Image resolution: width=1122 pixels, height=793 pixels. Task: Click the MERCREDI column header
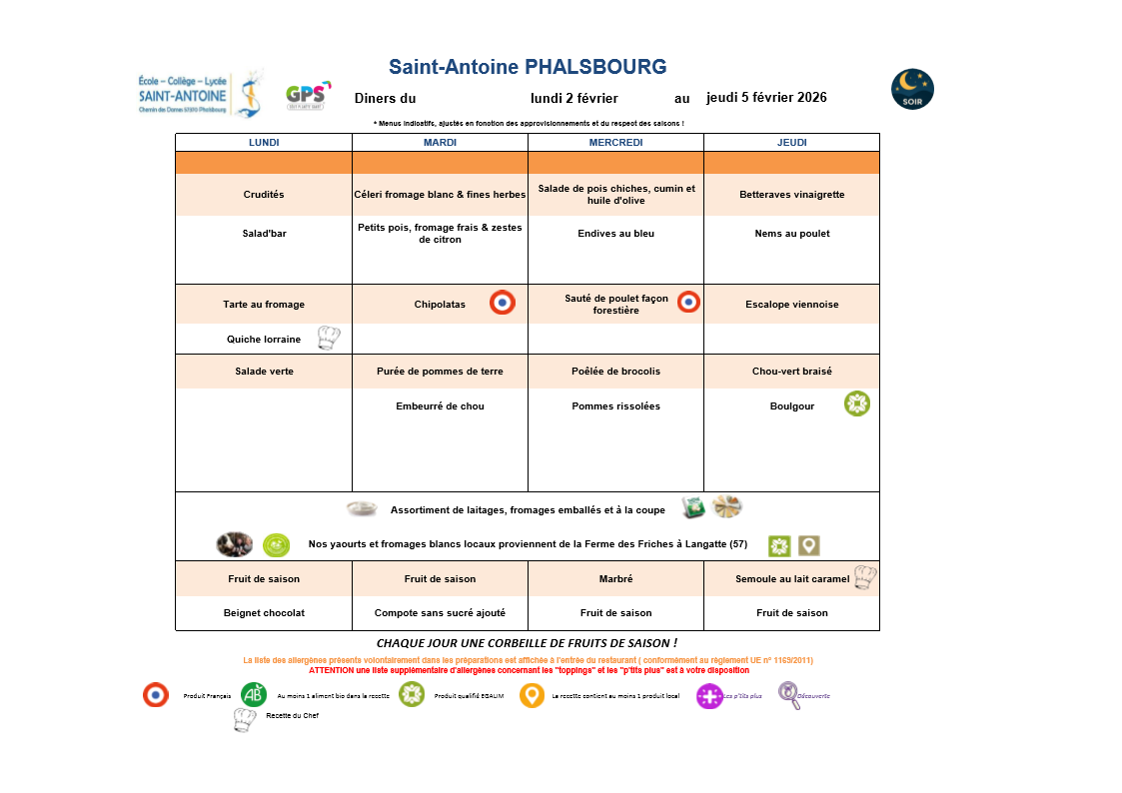tap(615, 143)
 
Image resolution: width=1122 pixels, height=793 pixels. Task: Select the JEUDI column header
tap(791, 143)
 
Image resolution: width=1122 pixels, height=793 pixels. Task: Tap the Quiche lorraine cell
tap(264, 340)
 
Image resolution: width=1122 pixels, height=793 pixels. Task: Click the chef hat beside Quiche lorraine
tap(329, 338)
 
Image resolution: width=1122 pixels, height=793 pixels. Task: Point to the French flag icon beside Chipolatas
tap(503, 303)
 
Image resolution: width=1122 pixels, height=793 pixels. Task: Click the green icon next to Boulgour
tap(856, 403)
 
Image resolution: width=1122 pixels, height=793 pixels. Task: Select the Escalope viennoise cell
tap(791, 305)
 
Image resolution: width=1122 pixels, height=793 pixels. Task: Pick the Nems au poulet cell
tap(791, 234)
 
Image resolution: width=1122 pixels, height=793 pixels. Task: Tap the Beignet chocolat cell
tap(264, 613)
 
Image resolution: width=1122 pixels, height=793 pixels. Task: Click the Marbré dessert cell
tap(615, 579)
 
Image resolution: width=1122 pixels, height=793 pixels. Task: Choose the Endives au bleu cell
tap(615, 234)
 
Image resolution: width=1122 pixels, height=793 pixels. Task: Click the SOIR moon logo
tap(912, 90)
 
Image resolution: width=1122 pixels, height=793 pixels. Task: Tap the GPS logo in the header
tap(307, 96)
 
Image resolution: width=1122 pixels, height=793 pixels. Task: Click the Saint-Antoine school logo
tap(200, 95)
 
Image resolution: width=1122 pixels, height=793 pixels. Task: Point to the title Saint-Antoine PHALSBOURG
tap(528, 67)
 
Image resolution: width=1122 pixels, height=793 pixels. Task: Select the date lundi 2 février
tap(573, 98)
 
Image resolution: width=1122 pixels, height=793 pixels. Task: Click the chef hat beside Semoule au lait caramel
tap(864, 577)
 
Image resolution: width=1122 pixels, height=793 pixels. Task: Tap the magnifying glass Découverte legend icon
tap(789, 695)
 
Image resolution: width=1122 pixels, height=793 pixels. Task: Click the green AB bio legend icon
tap(254, 694)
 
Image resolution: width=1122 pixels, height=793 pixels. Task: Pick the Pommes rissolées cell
tap(615, 406)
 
